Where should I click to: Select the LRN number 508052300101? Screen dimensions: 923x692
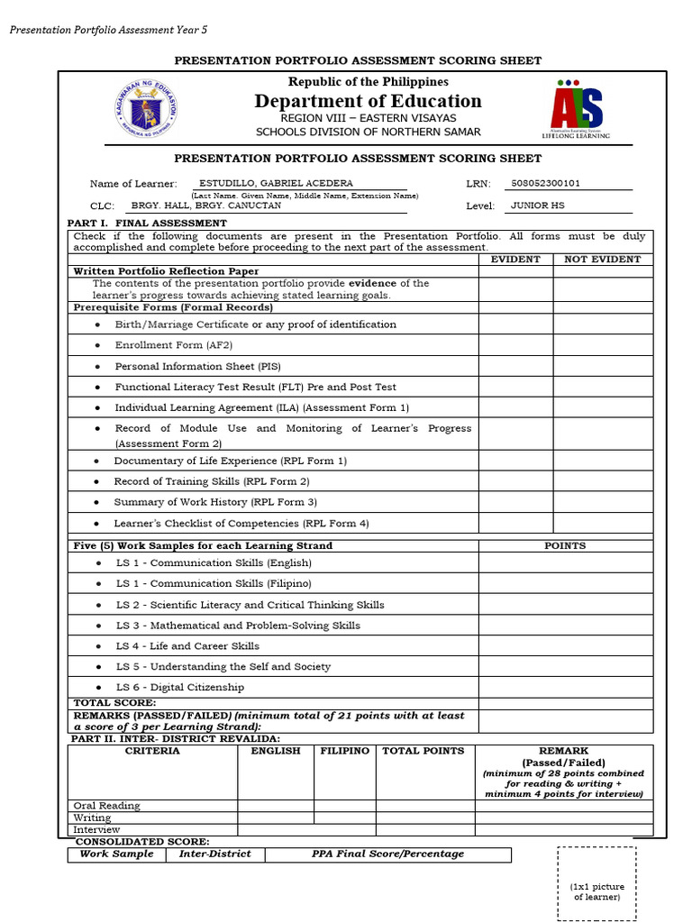pos(545,184)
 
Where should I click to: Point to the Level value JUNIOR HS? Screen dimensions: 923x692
pos(537,206)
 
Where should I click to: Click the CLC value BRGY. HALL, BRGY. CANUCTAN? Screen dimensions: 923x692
pos(206,206)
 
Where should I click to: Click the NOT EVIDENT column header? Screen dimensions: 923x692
pos(602,260)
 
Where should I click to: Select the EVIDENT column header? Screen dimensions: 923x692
pos(515,260)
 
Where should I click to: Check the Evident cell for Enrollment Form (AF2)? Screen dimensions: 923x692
pos(515,345)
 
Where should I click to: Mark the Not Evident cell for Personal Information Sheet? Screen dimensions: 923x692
pos(602,367)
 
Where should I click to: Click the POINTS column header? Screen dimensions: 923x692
pos(565,545)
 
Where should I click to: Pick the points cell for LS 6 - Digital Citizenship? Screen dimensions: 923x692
pos(565,687)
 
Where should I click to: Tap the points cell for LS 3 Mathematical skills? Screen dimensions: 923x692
pos(565,626)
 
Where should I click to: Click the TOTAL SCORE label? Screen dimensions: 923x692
pos(114,702)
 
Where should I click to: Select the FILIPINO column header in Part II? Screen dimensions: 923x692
pos(344,751)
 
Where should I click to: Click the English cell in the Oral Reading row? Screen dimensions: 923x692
pos(275,806)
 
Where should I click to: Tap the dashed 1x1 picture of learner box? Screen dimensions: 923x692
pos(597,883)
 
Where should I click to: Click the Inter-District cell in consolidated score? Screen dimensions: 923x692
pos(214,854)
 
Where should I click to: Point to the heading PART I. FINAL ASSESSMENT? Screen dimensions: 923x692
pos(148,223)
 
